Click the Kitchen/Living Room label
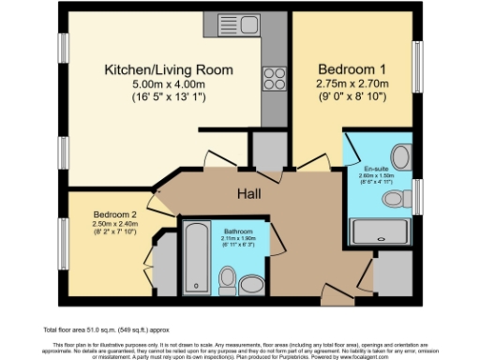click(155, 69)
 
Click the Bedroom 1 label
click(350, 69)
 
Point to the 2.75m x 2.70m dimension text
click(350, 83)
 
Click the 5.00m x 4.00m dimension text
click(155, 83)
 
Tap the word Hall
click(247, 194)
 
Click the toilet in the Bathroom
click(226, 278)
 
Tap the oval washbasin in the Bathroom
click(250, 283)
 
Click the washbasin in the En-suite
click(401, 157)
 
